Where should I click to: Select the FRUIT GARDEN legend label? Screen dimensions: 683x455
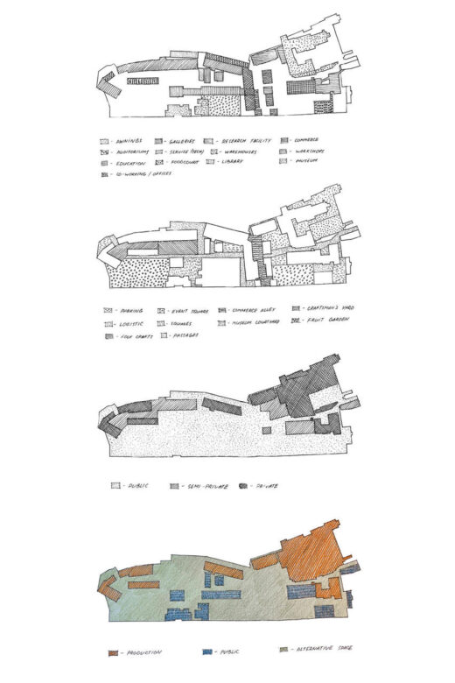click(329, 322)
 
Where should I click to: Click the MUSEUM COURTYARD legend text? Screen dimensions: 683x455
click(255, 323)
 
